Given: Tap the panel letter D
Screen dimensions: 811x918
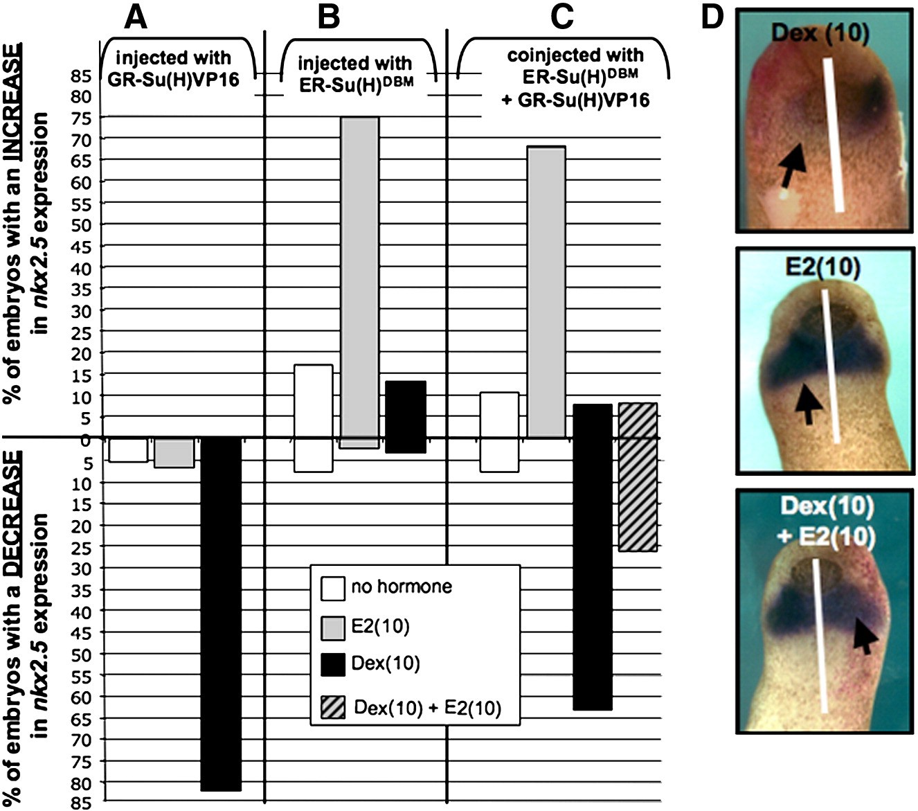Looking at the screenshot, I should pos(712,17).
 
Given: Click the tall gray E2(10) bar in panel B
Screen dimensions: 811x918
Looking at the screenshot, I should pos(360,277).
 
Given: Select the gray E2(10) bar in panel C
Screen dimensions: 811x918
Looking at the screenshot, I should pos(547,291).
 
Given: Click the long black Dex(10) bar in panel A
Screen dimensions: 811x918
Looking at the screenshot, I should pos(220,614).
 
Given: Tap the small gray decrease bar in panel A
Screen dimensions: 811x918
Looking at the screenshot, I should pos(174,452).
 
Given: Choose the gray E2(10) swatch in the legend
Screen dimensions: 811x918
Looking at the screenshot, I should pos(333,627).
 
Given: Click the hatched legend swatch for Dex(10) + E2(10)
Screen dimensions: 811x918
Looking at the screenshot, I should pos(333,708).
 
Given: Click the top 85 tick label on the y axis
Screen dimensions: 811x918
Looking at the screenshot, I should pos(81,75).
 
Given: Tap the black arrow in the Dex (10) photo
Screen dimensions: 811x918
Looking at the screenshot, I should pos(789,165).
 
